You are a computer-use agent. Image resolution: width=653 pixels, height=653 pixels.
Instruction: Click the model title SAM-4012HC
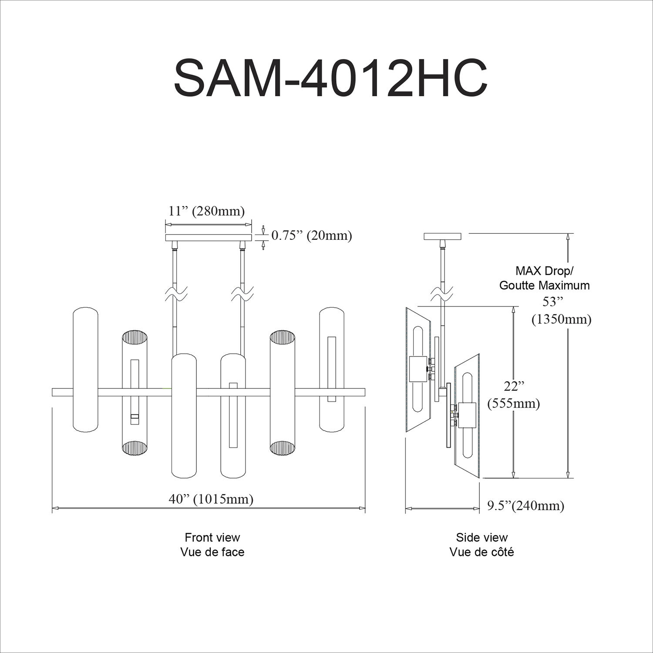[x=330, y=78]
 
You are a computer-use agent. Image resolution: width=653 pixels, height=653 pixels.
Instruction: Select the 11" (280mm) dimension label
[x=207, y=211]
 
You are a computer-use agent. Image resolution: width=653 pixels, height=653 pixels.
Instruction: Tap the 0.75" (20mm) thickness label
[x=312, y=236]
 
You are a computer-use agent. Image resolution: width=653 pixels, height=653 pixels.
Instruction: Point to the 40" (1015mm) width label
[x=211, y=499]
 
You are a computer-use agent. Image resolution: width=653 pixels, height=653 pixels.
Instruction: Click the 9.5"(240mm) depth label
[x=525, y=505]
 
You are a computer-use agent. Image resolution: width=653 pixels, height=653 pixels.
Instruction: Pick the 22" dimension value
[x=514, y=387]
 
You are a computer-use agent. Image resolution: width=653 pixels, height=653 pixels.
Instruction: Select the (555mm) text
[x=514, y=404]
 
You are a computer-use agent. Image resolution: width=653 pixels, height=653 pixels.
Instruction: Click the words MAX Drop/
[x=544, y=271]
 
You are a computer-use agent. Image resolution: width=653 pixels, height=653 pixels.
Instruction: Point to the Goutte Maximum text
[x=544, y=286]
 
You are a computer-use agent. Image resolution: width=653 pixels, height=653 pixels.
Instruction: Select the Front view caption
[x=212, y=537]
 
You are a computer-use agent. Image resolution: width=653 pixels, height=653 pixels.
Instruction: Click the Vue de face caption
[x=212, y=552]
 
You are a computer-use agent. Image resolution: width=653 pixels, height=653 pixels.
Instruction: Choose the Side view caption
[x=481, y=537]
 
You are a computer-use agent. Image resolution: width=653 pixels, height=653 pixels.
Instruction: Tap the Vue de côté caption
[x=481, y=552]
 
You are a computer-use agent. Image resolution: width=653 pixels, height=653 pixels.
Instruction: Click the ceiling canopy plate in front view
[x=209, y=238]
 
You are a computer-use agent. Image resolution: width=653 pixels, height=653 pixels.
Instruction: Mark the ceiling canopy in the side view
[x=442, y=236]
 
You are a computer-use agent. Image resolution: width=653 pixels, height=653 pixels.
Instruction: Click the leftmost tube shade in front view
[x=85, y=370]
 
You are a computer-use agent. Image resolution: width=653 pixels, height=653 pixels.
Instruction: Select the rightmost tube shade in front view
[x=332, y=370]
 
